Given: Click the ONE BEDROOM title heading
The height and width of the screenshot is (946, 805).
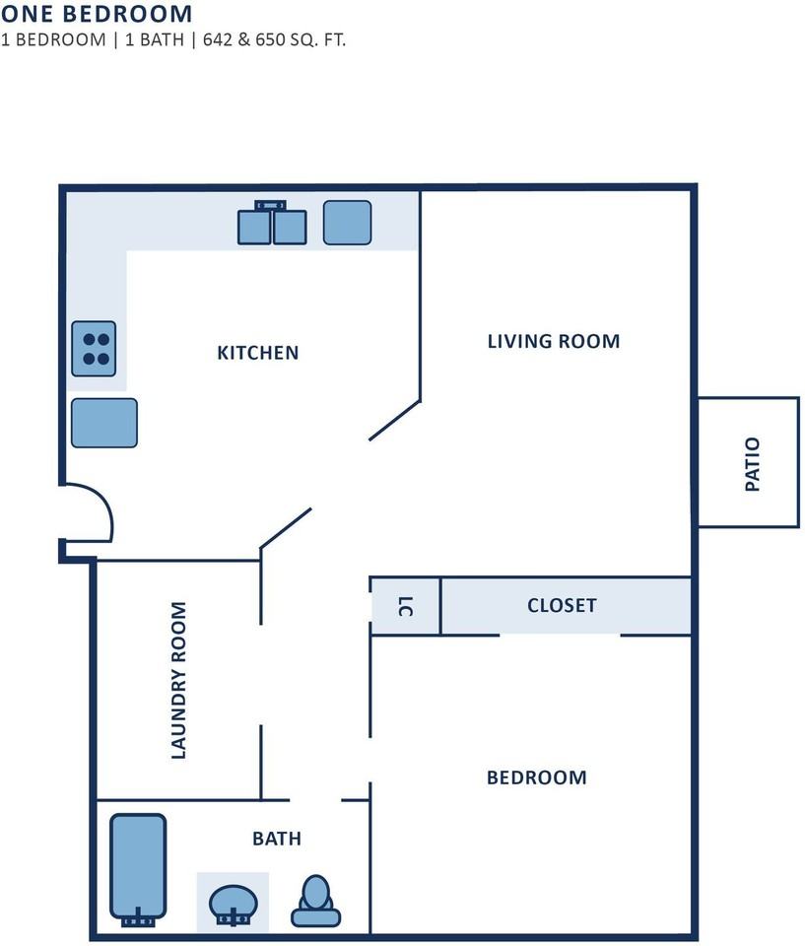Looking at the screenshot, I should tap(96, 14).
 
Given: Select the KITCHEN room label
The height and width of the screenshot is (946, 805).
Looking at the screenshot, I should tap(257, 352).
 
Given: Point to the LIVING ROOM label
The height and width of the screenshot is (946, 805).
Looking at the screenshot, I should tap(554, 341).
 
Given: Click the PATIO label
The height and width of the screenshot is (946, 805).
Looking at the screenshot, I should tap(753, 464).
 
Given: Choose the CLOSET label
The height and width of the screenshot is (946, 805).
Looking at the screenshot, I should tap(562, 605).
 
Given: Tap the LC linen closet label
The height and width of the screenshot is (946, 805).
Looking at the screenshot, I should tap(404, 606).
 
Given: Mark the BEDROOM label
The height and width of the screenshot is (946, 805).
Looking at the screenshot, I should tap(536, 777).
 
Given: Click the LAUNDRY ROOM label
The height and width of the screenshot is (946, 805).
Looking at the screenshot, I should tap(178, 680).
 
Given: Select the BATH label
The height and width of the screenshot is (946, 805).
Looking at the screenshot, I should tap(277, 839).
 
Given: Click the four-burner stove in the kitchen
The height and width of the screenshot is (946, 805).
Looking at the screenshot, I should tap(94, 349).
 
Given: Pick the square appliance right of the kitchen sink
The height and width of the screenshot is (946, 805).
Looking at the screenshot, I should tap(347, 223).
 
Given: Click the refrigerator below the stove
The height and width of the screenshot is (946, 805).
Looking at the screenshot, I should tap(103, 423).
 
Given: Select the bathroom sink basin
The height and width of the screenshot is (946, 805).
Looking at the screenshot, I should tap(234, 902).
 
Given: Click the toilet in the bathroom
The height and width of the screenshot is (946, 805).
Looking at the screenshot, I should tap(315, 902).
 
